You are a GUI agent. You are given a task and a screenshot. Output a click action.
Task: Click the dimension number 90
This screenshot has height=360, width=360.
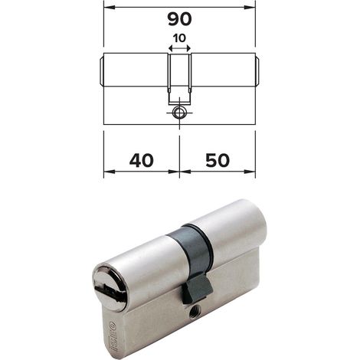pyautogui.click(x=179, y=19)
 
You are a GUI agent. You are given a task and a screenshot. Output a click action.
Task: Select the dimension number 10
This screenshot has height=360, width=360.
pyautogui.click(x=179, y=38)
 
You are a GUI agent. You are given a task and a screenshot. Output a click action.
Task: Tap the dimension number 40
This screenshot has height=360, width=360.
pyautogui.click(x=142, y=161)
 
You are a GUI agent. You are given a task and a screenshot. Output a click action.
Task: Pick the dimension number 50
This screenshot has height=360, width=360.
pyautogui.click(x=218, y=161)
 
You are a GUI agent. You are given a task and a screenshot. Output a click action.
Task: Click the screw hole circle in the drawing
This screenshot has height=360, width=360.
pyautogui.click(x=179, y=113)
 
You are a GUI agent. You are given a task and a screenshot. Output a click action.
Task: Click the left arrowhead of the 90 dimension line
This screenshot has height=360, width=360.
pyautogui.click(x=110, y=8)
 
